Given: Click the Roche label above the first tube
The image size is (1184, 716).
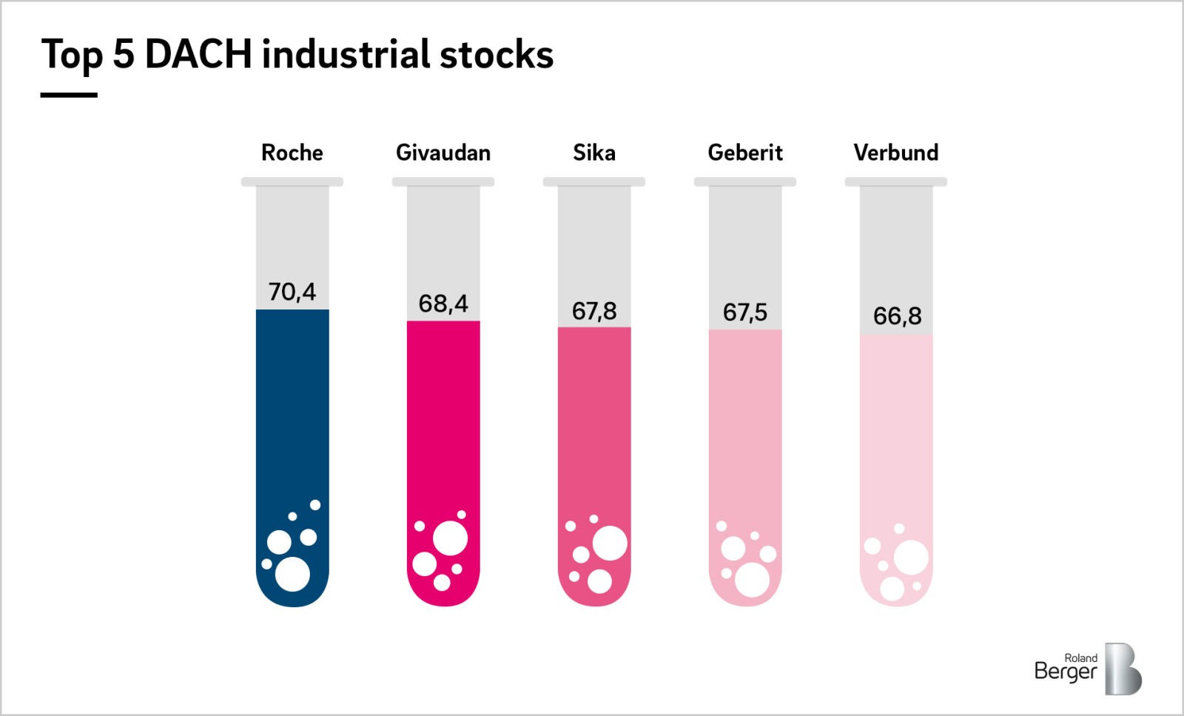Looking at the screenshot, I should point(292,153).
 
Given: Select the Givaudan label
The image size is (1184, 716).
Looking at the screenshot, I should point(443,153).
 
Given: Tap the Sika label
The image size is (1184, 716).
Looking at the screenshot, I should point(594,153).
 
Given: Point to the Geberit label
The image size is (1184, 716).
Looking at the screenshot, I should point(745,153).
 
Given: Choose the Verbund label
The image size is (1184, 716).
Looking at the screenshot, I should point(896,153).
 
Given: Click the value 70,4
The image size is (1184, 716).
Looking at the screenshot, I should point(292,292).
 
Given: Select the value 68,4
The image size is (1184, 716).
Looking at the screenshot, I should point(443,304).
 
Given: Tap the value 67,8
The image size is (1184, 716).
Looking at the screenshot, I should point(594,311).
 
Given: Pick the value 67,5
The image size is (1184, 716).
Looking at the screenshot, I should point(745,312).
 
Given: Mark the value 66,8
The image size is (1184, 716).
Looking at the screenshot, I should point(897,316).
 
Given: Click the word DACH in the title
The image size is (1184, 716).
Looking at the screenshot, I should point(198,54).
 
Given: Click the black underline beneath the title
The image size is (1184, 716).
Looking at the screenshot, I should point(69,95).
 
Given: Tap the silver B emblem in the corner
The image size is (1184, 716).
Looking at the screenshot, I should point(1123,669).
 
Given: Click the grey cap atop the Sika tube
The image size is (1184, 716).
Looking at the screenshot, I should point(594,181).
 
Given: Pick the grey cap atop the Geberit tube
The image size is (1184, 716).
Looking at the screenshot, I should point(745,181).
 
